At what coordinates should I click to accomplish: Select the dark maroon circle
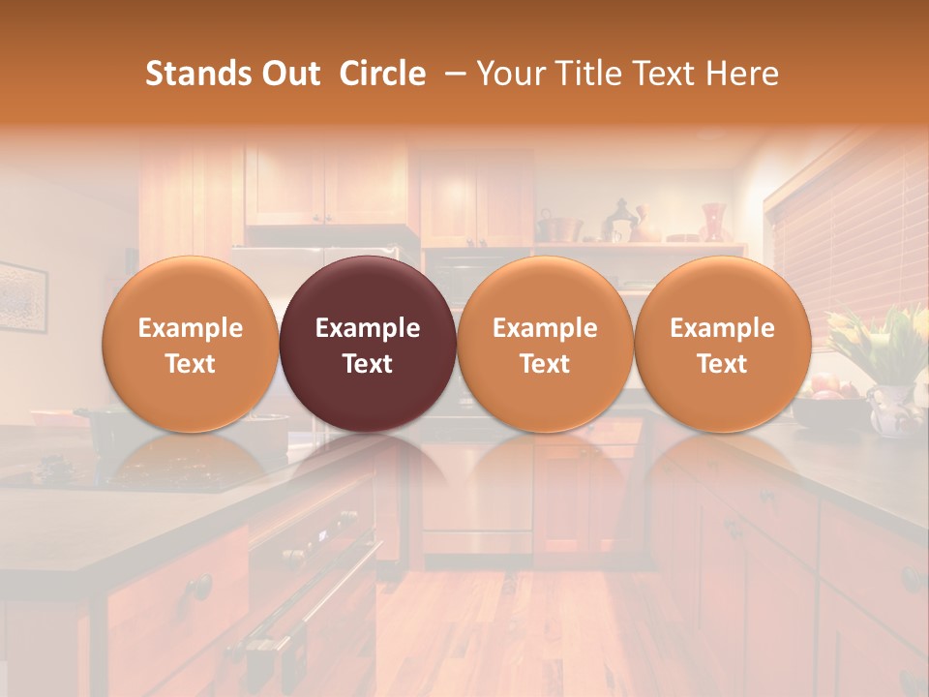(x=368, y=344)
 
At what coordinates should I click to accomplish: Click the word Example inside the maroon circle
(x=368, y=328)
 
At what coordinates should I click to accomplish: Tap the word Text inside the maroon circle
(x=368, y=364)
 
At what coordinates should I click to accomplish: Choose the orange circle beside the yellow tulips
(x=723, y=344)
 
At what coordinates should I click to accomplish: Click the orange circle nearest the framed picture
(x=191, y=344)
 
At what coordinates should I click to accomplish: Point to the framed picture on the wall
(x=21, y=296)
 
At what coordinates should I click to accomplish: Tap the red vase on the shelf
(x=713, y=221)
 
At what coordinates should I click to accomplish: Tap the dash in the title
(x=452, y=74)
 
